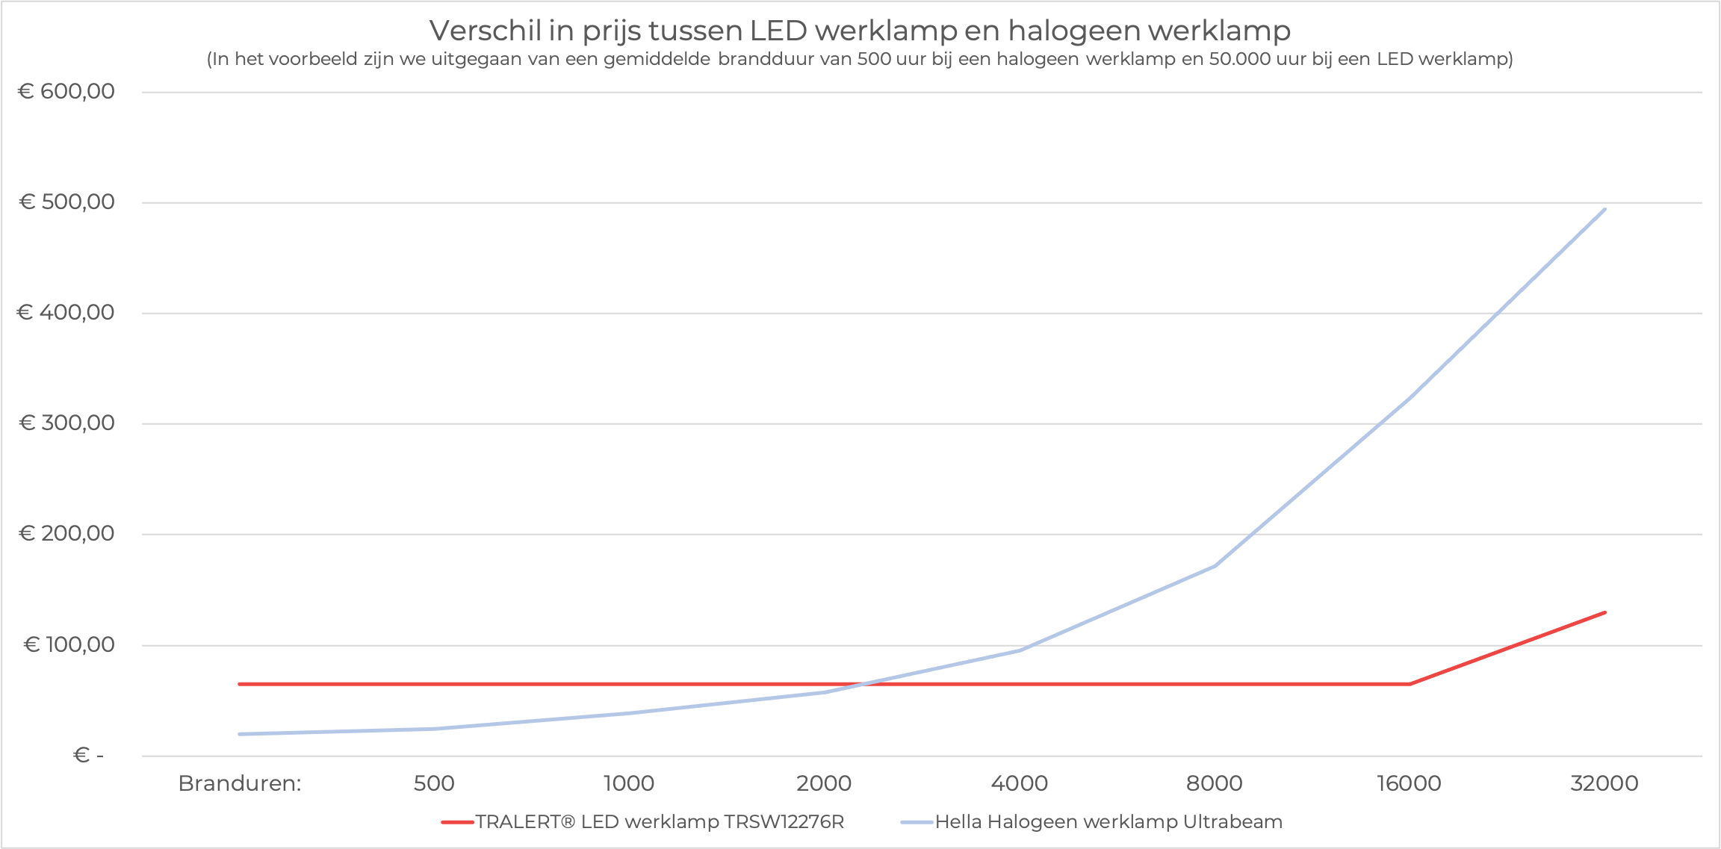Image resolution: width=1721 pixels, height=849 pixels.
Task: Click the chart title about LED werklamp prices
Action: pyautogui.click(x=860, y=31)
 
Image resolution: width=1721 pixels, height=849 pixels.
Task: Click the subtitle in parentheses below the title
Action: pyautogui.click(x=860, y=59)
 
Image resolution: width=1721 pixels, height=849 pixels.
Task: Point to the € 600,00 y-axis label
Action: pyautogui.click(x=66, y=91)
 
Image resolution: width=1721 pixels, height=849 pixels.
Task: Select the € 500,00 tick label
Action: pyautogui.click(x=66, y=202)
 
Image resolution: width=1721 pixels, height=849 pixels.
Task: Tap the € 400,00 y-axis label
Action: pyautogui.click(x=66, y=312)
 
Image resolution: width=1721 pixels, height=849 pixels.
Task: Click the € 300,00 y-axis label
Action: pyautogui.click(x=66, y=423)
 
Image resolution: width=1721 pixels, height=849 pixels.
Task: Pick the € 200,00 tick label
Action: pyautogui.click(x=66, y=533)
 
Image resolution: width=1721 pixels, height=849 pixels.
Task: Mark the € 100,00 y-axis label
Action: pyautogui.click(x=69, y=644)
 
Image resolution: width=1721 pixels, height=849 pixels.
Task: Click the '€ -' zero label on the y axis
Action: pyautogui.click(x=88, y=755)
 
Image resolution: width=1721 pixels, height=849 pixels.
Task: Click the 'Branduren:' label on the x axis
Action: pyautogui.click(x=240, y=783)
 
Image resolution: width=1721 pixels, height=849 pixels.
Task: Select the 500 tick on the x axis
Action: pyautogui.click(x=434, y=783)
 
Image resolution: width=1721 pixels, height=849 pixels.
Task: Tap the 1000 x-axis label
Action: pyautogui.click(x=629, y=783)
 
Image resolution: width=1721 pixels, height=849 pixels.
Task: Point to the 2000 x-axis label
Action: pyautogui.click(x=824, y=783)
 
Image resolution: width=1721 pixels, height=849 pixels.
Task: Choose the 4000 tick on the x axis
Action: pyautogui.click(x=1020, y=783)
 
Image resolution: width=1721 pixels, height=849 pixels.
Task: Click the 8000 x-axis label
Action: pyautogui.click(x=1215, y=783)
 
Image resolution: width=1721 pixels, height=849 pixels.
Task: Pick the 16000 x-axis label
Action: pyautogui.click(x=1409, y=783)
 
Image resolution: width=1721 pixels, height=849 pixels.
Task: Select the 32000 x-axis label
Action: pyautogui.click(x=1604, y=783)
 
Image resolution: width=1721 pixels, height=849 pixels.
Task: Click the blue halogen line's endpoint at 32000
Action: pyautogui.click(x=1604, y=210)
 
